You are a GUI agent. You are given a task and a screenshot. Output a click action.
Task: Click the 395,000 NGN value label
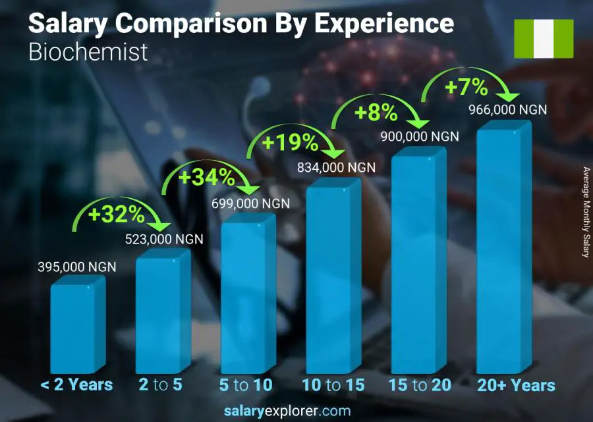point(76,267)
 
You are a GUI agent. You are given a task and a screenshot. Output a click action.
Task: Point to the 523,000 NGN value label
point(164,239)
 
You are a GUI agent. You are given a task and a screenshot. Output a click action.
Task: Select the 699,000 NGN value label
point(250,204)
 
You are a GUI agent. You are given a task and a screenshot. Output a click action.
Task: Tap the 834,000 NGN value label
point(336,168)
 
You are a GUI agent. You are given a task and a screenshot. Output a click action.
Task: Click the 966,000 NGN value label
point(507,110)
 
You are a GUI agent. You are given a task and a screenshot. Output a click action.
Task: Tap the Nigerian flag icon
point(544,38)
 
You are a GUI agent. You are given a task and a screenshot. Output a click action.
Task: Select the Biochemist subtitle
point(88,51)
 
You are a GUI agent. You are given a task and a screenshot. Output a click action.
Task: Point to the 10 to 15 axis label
point(333,385)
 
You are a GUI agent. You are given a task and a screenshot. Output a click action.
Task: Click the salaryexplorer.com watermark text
point(296,411)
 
